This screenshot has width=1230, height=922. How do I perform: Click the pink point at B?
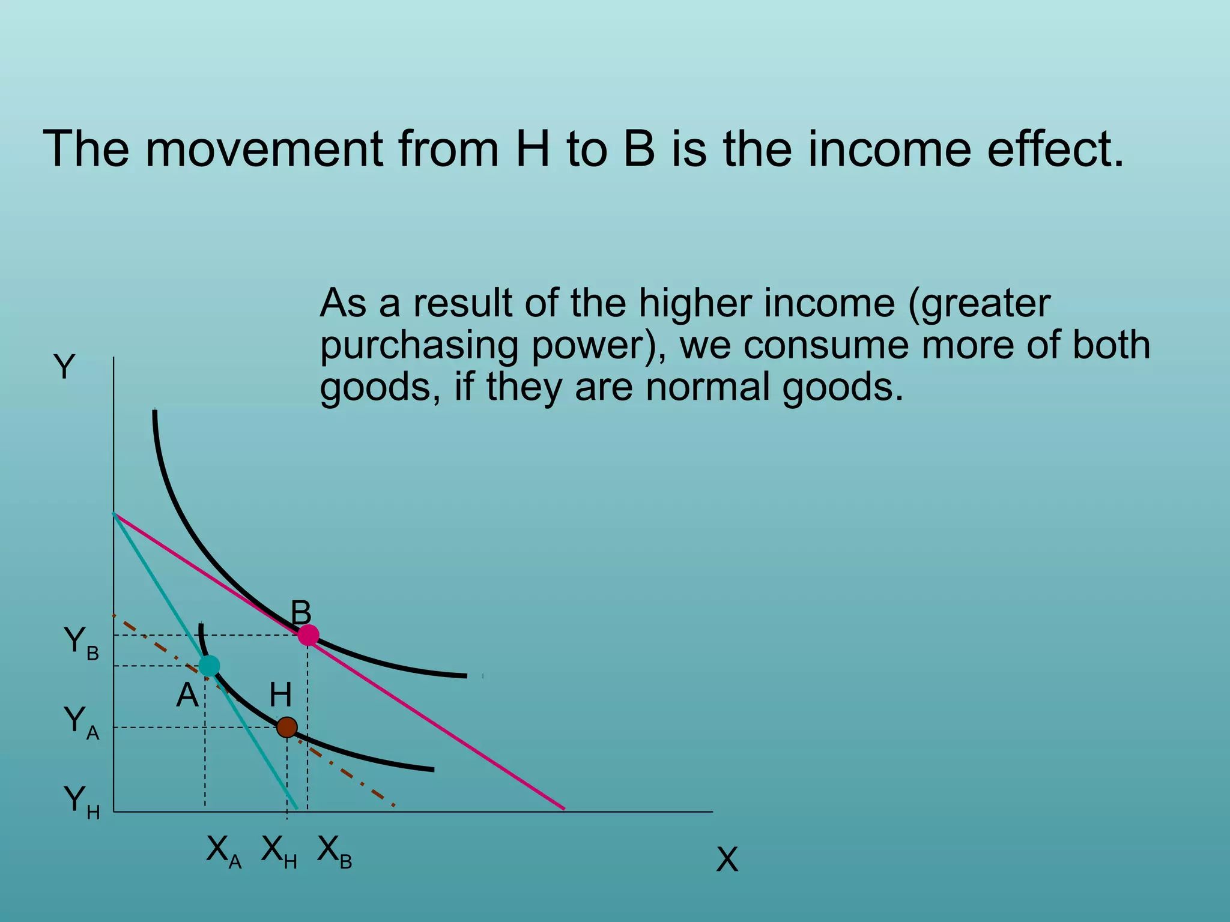tap(308, 635)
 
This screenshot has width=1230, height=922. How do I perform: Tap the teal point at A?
tap(209, 666)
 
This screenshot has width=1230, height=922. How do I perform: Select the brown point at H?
tap(287, 728)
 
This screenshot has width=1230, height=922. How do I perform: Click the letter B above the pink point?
tap(301, 613)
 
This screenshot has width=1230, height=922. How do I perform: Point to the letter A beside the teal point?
tap(187, 696)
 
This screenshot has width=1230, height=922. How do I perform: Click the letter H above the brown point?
tap(280, 696)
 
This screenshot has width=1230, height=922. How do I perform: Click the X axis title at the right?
tap(727, 860)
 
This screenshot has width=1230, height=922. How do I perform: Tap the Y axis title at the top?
tap(64, 367)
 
